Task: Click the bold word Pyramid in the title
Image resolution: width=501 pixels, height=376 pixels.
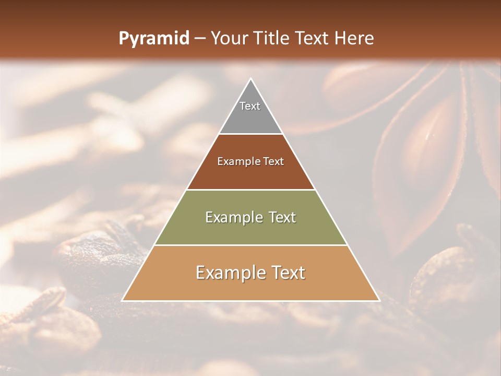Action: click(x=153, y=39)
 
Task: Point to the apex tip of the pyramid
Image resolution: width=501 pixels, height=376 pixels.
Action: click(x=250, y=79)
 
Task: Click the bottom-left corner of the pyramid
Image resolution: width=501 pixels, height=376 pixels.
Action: click(x=123, y=300)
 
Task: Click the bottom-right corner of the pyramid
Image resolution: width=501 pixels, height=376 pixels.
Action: click(x=378, y=300)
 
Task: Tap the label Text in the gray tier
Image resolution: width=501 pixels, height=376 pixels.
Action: click(x=250, y=106)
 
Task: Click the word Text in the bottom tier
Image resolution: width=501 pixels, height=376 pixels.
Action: click(x=289, y=273)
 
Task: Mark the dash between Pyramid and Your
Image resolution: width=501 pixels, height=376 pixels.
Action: click(x=199, y=39)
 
